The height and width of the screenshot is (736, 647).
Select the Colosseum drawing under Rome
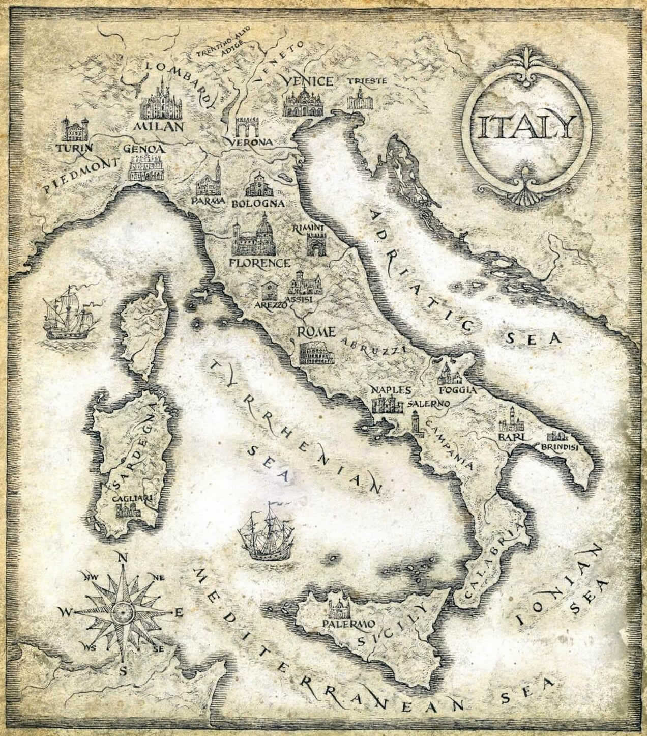[316, 352]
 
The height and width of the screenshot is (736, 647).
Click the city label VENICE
[308, 81]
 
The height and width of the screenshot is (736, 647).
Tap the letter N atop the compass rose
[122, 558]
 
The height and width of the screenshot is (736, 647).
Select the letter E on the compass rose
[178, 613]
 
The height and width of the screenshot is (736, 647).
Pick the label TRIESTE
[367, 81]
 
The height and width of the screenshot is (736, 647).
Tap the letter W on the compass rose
[66, 613]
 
